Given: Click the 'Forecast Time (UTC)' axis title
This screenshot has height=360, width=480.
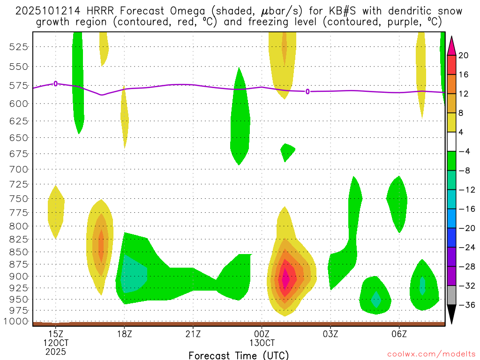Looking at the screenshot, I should tap(239, 355).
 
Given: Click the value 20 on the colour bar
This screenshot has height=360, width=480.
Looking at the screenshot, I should tap(464, 55).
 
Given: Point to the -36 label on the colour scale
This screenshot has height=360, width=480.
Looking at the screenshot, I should tap(466, 305).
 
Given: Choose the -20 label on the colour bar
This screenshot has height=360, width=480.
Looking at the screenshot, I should tap(466, 228).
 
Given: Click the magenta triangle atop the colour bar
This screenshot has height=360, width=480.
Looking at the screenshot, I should tap(451, 45).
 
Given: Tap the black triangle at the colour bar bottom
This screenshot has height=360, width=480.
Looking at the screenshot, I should tap(451, 315).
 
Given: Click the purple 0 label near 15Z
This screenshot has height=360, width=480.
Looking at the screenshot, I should tap(56, 83).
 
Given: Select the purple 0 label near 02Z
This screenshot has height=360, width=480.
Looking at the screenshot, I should tap(307, 91).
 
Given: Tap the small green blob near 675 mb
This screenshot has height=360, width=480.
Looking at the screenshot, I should tap(287, 150).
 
